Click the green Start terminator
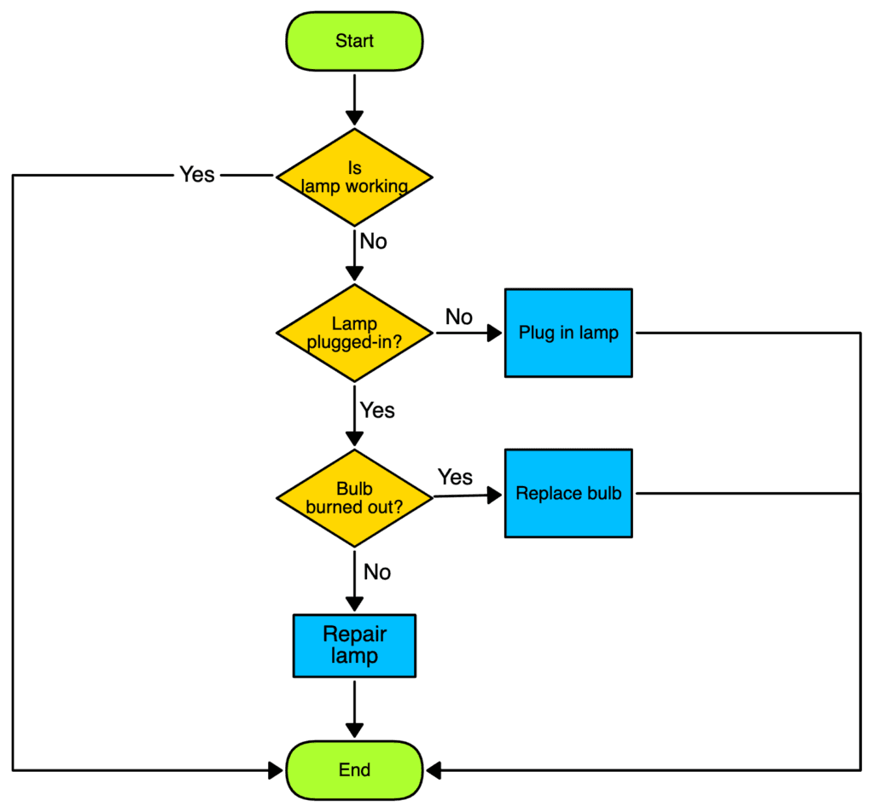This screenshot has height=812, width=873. (x=354, y=41)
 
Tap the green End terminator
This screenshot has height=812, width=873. (x=354, y=770)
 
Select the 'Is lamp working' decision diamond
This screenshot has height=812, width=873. (x=354, y=177)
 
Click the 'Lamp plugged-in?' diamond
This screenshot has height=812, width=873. (x=354, y=333)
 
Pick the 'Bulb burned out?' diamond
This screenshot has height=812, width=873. (x=354, y=497)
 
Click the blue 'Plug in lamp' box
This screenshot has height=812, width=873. (x=568, y=333)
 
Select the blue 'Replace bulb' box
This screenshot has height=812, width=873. (x=568, y=493)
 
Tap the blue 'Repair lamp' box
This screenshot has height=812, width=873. (x=354, y=646)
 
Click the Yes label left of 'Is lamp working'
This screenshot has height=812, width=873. (x=197, y=174)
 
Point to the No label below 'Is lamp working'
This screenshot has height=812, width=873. (x=373, y=241)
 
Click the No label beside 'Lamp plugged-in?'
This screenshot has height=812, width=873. (x=458, y=317)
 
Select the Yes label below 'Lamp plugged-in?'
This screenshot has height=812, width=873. (x=376, y=410)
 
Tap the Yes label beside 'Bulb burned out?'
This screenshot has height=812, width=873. (x=455, y=477)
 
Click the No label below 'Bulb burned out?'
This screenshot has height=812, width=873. (x=376, y=571)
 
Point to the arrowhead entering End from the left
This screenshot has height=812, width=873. (x=276, y=770)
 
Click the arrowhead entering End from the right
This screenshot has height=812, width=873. (x=434, y=770)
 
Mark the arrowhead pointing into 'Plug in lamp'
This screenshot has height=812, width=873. (x=495, y=333)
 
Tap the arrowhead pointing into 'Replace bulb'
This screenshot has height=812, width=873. (x=495, y=494)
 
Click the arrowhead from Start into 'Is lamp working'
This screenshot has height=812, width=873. (x=354, y=118)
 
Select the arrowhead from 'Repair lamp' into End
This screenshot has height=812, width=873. (x=354, y=730)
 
